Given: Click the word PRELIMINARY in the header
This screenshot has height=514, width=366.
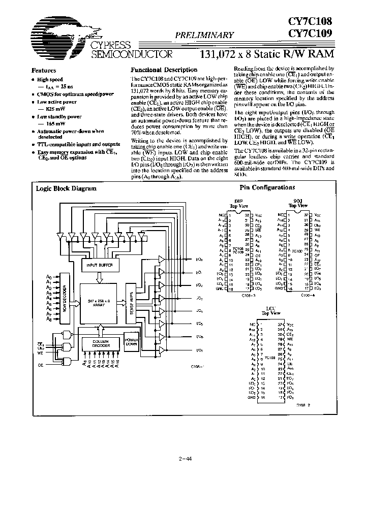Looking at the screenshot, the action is click(204, 35).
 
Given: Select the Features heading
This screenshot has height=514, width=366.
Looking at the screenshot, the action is click(44, 71).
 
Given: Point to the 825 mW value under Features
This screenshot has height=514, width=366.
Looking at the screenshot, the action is click(54, 110).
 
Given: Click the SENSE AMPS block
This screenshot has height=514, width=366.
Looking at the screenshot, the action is click(132, 303).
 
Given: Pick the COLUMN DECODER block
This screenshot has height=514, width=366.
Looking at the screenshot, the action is click(101, 344).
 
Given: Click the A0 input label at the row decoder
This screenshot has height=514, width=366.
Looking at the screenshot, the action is click(49, 277).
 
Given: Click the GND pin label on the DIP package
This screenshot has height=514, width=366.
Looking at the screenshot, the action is click(221, 287).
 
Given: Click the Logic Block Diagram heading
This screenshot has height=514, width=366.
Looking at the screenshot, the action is click(66, 188).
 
